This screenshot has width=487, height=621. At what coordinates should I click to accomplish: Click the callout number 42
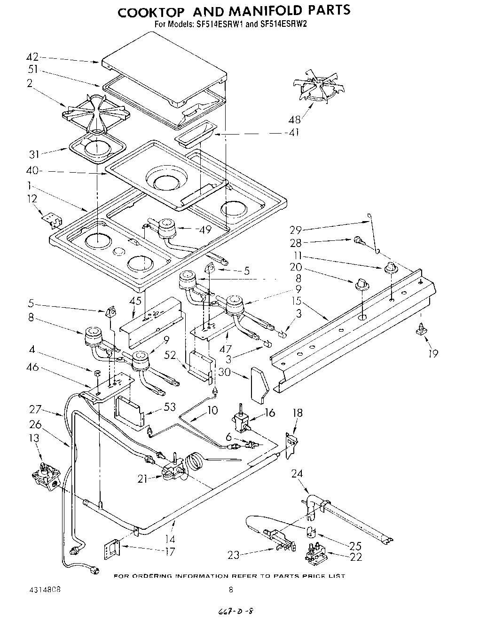pos(32,58)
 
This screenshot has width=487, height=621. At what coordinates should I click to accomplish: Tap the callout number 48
pos(296,119)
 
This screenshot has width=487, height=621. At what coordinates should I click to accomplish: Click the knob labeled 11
pos(390,268)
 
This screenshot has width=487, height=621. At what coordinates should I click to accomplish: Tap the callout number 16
pos(269,413)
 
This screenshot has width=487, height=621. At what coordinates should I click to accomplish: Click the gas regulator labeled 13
pos(44,472)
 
